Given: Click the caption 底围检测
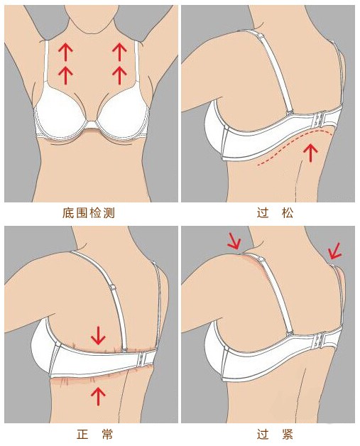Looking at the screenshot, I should (89, 212).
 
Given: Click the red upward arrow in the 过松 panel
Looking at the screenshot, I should (310, 151).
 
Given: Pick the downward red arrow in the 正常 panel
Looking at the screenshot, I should (99, 332).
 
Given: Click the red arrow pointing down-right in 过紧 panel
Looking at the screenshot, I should (233, 241).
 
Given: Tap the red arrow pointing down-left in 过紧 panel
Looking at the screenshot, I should (334, 249).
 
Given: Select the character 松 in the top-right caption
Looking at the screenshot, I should (287, 212).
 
